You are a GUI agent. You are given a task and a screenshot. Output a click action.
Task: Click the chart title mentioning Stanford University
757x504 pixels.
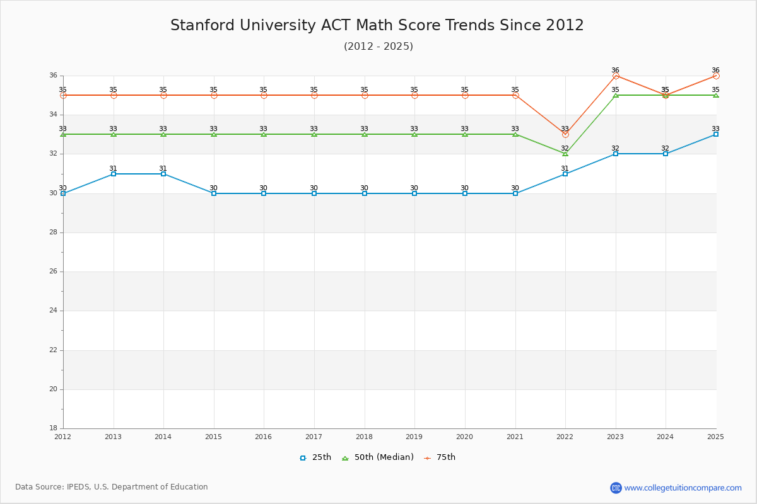click(x=377, y=25)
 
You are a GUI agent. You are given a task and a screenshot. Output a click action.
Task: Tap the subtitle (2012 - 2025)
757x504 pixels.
click(x=378, y=47)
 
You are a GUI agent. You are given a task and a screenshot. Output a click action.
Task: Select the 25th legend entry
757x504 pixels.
click(x=315, y=457)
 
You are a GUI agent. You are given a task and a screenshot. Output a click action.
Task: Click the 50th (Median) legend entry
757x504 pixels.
click(x=378, y=457)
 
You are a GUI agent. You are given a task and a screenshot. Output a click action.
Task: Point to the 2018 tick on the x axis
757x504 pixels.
click(x=364, y=436)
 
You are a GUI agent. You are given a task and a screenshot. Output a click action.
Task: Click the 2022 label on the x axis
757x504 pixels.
click(x=565, y=436)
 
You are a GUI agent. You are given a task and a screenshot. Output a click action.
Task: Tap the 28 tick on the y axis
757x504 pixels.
click(x=54, y=232)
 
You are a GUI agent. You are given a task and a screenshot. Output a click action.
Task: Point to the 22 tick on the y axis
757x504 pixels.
click(x=54, y=350)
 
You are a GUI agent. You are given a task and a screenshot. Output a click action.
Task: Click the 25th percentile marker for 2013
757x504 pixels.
click(x=114, y=174)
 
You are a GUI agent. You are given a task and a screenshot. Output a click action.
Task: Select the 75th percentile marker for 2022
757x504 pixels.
click(x=565, y=134)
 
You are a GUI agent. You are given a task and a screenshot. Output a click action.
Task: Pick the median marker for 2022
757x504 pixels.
click(x=565, y=154)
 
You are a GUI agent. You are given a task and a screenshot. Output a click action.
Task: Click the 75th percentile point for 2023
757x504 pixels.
click(x=616, y=76)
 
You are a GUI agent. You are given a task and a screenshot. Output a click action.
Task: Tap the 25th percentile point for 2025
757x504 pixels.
click(x=716, y=134)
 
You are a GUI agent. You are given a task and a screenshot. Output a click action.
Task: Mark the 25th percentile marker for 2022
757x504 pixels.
click(x=565, y=174)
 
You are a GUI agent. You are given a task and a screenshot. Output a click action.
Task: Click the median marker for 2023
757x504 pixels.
click(x=616, y=95)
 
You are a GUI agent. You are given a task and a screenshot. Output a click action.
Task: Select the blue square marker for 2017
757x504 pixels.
click(x=314, y=193)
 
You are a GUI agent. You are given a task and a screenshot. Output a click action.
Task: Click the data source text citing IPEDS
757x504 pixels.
click(x=112, y=487)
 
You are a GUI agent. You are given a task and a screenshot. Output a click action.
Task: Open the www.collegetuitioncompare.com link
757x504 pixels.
click(x=683, y=488)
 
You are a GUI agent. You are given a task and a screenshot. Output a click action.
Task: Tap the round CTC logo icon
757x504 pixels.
click(x=616, y=488)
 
